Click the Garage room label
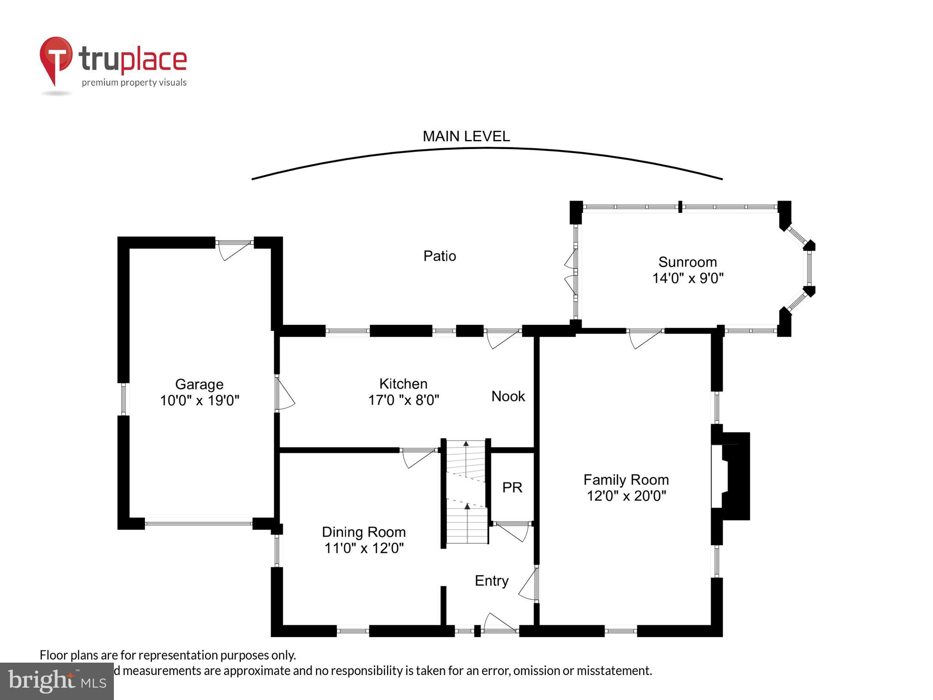click(x=199, y=384)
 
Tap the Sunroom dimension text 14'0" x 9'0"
click(x=687, y=278)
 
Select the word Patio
click(x=439, y=256)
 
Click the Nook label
click(x=508, y=396)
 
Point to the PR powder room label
click(x=512, y=488)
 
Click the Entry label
click(x=491, y=581)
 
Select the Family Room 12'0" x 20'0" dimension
click(x=626, y=496)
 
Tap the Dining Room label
click(x=364, y=532)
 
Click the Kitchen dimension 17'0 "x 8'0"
click(x=403, y=400)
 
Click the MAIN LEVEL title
click(x=466, y=136)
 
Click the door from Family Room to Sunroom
click(x=644, y=338)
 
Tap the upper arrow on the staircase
click(x=466, y=443)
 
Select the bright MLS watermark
click(x=57, y=681)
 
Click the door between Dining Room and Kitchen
click(x=418, y=457)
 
